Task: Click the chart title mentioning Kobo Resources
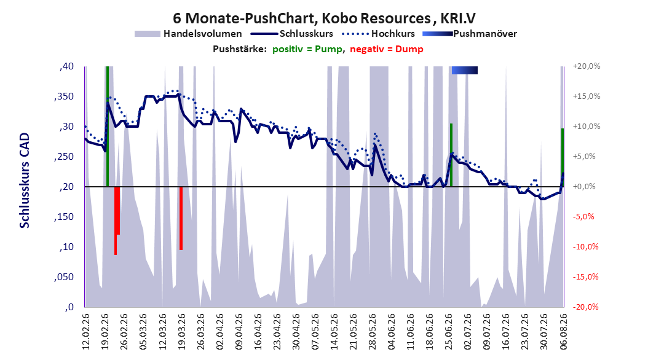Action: [324, 18]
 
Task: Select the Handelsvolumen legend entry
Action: [188, 34]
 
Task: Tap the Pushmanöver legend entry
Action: [470, 34]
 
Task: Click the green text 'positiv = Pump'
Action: [307, 49]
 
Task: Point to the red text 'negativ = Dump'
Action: [387, 49]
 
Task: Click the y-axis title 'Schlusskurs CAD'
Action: [25, 181]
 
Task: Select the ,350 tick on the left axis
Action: [64, 96]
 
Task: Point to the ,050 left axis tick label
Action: [64, 277]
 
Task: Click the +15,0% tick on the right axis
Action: [587, 96]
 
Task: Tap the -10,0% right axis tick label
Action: [585, 247]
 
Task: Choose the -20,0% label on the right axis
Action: [585, 307]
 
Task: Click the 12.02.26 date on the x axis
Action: [86, 332]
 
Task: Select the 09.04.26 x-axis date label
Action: [239, 332]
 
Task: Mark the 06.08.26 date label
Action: [563, 332]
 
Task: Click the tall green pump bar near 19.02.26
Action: [108, 127]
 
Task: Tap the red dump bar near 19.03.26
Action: [181, 218]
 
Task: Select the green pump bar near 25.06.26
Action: [451, 155]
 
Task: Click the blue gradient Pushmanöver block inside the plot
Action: [465, 70]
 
